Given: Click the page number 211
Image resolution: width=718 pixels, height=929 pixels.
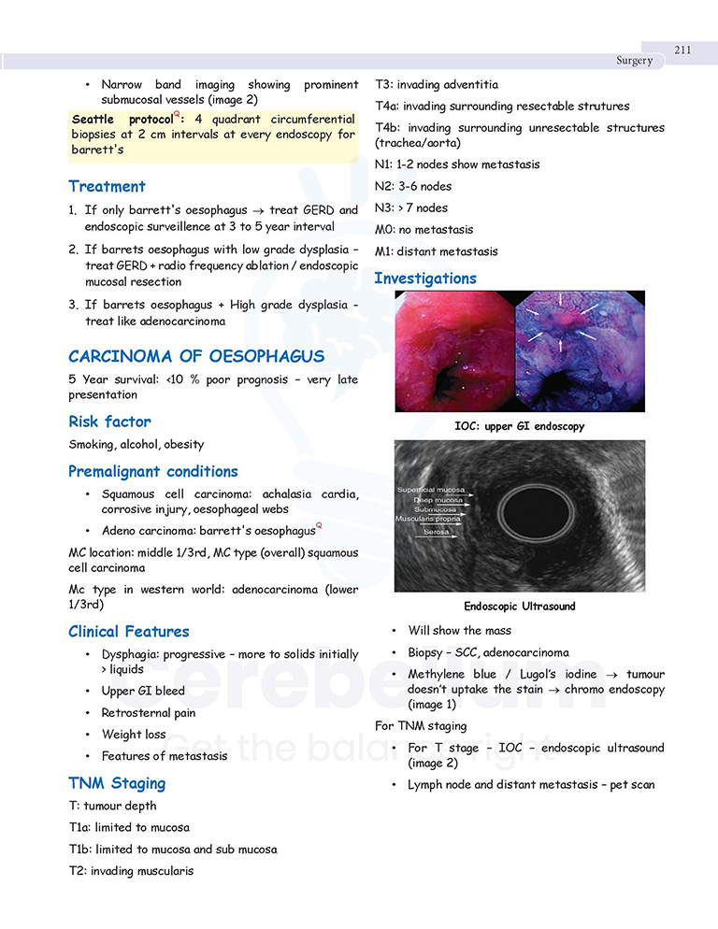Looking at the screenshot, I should click(682, 50).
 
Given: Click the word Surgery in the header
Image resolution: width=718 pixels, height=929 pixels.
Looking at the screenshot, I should click(634, 61).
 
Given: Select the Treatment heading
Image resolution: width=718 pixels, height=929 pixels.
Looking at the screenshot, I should click(107, 186).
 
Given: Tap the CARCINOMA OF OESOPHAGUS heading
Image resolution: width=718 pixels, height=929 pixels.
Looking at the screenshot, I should click(196, 356).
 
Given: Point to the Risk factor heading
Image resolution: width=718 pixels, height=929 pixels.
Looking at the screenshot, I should click(109, 422).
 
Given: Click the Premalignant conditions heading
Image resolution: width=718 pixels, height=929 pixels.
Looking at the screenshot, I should click(153, 471).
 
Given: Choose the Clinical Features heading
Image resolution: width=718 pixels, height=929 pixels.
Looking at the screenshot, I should click(129, 631).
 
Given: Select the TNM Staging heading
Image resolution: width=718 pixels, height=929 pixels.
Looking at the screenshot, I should click(117, 783).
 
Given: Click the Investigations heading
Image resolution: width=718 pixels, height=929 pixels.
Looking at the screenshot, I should click(425, 278).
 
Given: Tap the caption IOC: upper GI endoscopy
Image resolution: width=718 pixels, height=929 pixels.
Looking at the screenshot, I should click(520, 426).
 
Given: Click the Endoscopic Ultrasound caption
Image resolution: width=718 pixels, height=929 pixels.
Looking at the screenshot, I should click(520, 607).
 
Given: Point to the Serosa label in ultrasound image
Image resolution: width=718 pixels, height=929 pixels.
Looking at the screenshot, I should click(436, 532).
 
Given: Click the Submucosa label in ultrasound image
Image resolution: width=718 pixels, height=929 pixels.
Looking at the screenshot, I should click(435, 510).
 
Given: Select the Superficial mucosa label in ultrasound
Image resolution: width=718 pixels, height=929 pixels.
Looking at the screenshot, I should click(431, 490).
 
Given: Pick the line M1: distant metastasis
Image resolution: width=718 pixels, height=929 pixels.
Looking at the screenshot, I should click(436, 251).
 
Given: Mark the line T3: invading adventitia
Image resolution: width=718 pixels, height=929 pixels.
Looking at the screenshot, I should click(437, 84).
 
